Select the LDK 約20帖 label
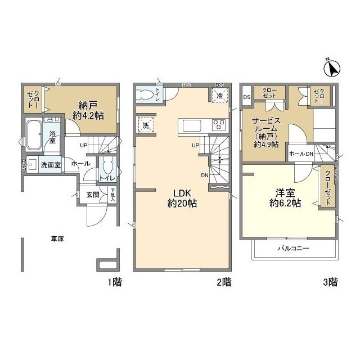[182, 197]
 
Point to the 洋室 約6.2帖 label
[285, 198]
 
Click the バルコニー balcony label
[294, 248]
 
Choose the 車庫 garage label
[56, 239]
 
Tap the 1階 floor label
[114, 282]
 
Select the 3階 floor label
[330, 282]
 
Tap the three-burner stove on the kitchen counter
[218, 124]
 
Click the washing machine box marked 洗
[146, 125]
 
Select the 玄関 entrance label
[93, 195]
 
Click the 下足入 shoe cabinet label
[112, 195]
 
